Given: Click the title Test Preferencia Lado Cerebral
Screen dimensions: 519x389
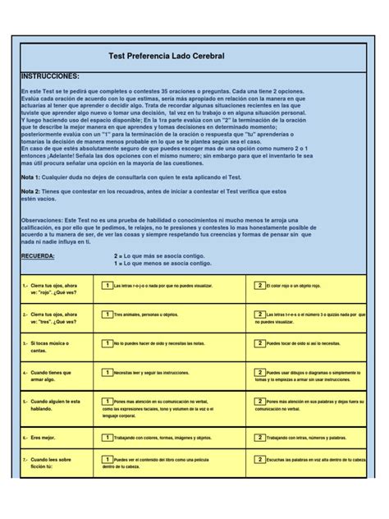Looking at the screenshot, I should click(166, 55).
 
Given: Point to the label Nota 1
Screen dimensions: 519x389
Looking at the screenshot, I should click(30, 177).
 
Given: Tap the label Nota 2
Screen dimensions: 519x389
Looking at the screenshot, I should click(30, 191).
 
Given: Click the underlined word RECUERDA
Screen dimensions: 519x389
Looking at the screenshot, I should click(40, 255).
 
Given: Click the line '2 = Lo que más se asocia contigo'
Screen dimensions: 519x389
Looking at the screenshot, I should click(162, 255).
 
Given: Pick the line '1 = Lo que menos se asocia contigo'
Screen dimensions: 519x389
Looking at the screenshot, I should click(162, 264).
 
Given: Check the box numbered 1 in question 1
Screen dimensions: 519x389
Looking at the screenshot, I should click(107, 285).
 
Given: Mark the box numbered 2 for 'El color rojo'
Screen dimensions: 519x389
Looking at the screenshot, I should click(259, 285).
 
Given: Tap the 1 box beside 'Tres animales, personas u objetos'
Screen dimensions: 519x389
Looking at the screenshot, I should click(107, 314).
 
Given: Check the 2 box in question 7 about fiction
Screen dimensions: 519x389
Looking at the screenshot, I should click(259, 459).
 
